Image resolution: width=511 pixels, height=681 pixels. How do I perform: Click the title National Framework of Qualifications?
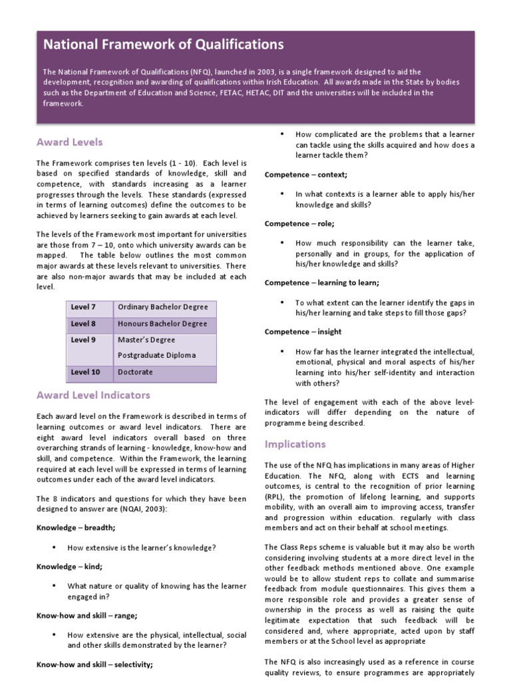click(164, 45)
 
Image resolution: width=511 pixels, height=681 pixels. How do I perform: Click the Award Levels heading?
click(70, 142)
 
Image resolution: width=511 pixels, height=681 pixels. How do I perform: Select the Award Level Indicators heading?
click(93, 395)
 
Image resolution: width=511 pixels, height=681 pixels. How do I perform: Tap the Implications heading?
click(295, 444)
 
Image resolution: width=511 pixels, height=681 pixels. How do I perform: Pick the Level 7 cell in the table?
click(83, 307)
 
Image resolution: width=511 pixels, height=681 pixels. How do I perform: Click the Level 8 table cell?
click(83, 324)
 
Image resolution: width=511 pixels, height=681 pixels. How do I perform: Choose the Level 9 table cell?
click(83, 340)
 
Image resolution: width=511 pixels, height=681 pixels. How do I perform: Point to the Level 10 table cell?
click(85, 372)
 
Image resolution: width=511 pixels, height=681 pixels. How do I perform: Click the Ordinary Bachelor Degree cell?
click(162, 307)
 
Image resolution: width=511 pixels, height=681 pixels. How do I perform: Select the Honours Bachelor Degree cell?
click(162, 324)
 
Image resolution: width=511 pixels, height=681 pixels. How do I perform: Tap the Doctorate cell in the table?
click(135, 372)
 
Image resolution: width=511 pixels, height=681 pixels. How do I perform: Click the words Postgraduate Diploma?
click(156, 355)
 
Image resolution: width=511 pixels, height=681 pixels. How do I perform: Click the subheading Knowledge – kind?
click(69, 567)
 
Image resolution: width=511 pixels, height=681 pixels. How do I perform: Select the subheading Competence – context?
click(306, 175)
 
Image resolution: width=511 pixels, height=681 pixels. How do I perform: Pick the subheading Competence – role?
click(299, 224)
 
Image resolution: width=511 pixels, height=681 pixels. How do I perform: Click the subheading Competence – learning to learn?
click(322, 283)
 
